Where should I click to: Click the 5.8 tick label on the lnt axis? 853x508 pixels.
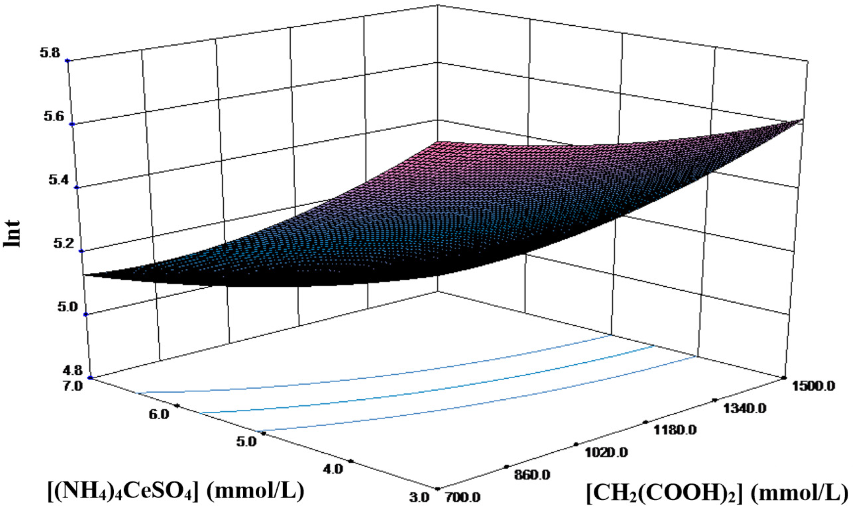(50, 53)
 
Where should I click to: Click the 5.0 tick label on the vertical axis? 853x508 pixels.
(69, 307)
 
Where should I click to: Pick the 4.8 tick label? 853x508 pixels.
(73, 370)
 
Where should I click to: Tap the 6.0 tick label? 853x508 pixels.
(159, 414)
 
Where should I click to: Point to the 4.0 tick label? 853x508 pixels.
(333, 469)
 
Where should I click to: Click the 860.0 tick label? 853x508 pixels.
(532, 474)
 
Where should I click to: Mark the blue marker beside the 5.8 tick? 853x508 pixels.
(67, 60)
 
